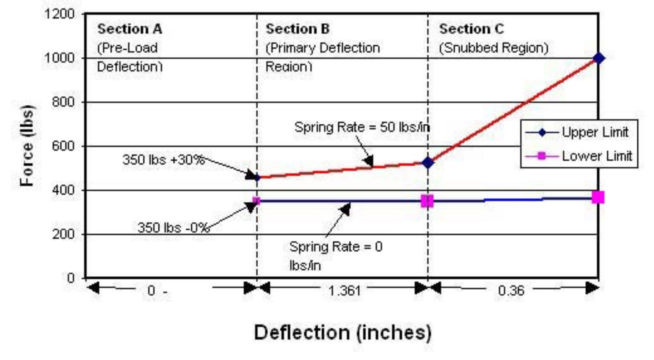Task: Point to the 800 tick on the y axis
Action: [x=63, y=102]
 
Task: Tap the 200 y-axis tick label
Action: [x=63, y=234]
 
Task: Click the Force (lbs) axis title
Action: [x=27, y=145]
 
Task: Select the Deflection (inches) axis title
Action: [x=342, y=333]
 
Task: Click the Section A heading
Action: [x=129, y=29]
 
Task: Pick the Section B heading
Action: [x=297, y=29]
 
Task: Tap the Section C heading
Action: [x=471, y=29]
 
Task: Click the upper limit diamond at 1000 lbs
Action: [x=599, y=58]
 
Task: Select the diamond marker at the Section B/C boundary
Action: [x=428, y=163]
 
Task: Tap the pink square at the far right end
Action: [x=598, y=197]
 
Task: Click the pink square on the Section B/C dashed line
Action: [x=427, y=201]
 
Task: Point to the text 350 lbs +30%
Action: [x=164, y=160]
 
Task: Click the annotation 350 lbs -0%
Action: [x=173, y=228]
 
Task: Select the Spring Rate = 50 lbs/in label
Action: [x=362, y=128]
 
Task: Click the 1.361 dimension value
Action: [x=344, y=290]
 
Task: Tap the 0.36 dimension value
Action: [x=511, y=290]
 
